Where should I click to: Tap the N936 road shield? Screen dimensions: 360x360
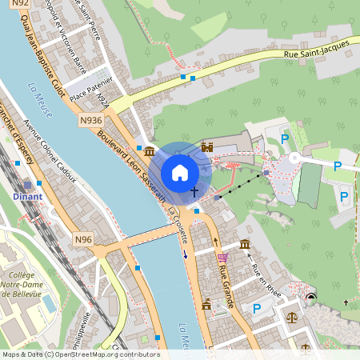(x=91, y=120)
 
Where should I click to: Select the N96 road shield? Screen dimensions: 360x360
(x=84, y=239)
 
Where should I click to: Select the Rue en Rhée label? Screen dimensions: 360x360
(x=263, y=278)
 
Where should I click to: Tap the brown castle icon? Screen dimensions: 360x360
(x=207, y=146)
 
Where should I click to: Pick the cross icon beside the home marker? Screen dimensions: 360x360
(x=194, y=191)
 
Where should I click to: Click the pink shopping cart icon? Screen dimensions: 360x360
(x=222, y=258)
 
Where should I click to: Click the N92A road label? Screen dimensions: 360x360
(x=102, y=101)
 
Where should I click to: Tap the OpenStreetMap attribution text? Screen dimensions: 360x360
(x=81, y=354)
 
